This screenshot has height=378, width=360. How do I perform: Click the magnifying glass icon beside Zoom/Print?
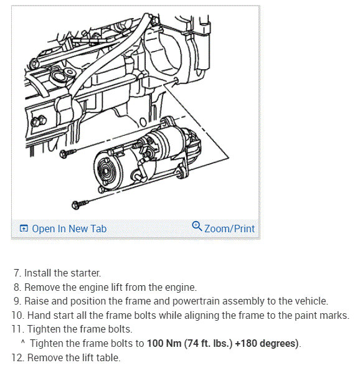pyautogui.click(x=197, y=226)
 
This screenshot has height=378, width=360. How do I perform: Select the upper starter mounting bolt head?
pyautogui.click(x=64, y=154)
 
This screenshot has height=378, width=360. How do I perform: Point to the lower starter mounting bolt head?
pyautogui.click(x=76, y=205)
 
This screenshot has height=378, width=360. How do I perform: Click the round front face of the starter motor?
pyautogui.click(x=106, y=171)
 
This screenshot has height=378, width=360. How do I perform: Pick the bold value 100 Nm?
pyautogui.click(x=164, y=343)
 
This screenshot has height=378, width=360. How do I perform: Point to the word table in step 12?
pyautogui.click(x=108, y=357)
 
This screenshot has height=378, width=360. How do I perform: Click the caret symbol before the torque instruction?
pyautogui.click(x=23, y=341)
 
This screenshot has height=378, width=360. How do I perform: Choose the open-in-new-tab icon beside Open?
pyautogui.click(x=24, y=229)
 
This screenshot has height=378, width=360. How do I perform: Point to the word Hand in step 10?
pyautogui.click(x=39, y=315)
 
